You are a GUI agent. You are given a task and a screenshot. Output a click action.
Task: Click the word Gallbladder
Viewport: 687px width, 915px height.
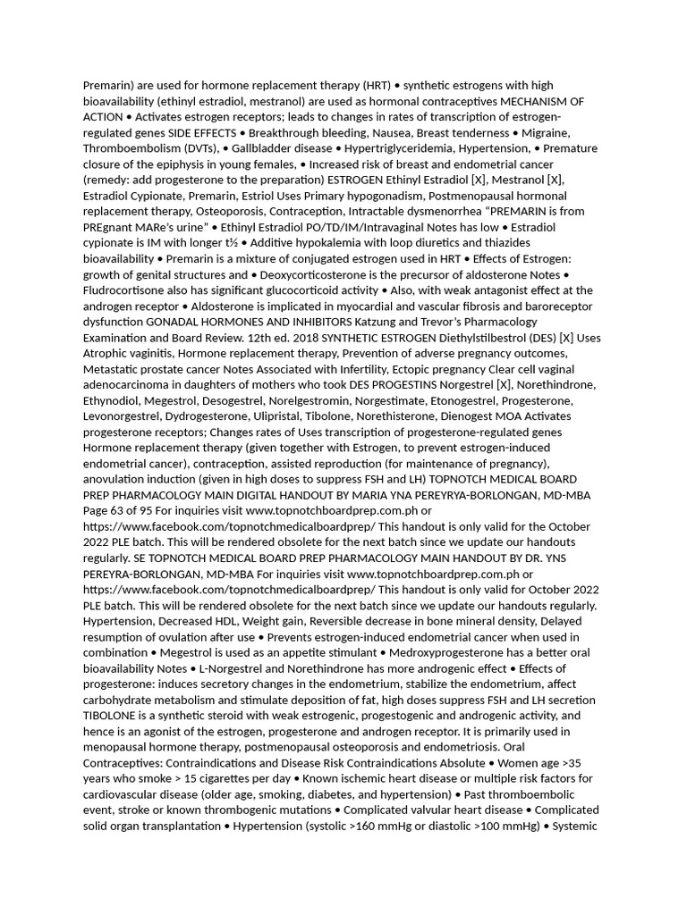tap(265, 148)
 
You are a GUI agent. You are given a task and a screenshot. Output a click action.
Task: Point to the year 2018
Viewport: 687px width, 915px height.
tap(301, 338)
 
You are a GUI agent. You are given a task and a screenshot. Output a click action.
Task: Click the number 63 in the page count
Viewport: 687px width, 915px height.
tap(121, 511)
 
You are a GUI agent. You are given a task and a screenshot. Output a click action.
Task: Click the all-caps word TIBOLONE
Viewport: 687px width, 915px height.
tap(110, 716)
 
